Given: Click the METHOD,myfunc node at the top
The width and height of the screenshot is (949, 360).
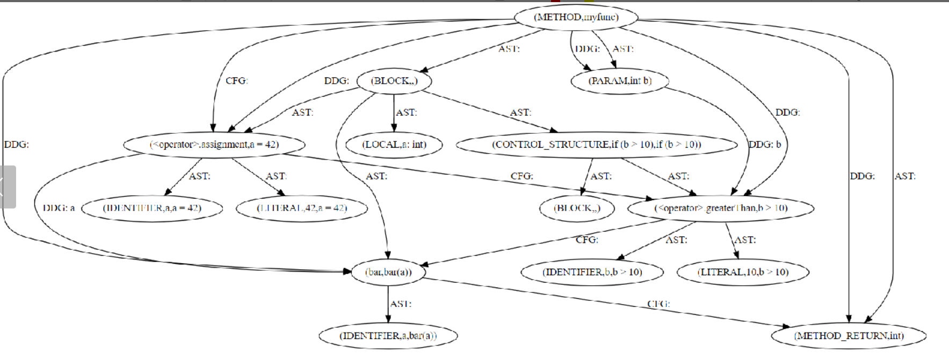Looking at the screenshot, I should click(576, 17).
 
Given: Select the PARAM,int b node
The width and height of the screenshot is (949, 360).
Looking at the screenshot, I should click(620, 81).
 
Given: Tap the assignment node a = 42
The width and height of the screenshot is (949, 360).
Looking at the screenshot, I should click(214, 145).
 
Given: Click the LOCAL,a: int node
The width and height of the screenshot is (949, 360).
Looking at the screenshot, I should click(394, 145).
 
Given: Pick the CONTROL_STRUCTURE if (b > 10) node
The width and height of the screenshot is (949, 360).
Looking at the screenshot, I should click(596, 145).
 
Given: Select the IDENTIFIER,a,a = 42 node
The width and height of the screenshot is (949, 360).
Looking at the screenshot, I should click(152, 208).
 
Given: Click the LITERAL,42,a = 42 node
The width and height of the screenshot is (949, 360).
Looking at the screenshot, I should click(302, 208).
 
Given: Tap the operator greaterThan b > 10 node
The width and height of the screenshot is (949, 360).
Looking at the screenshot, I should click(720, 208).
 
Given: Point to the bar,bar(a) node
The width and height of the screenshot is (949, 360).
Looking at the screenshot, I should click(388, 272).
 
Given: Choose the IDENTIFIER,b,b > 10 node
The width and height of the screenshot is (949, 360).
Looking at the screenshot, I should click(592, 272).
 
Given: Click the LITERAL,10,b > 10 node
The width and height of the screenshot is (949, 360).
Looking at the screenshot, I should click(743, 272).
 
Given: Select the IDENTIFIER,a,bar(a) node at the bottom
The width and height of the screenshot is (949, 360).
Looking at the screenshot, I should click(388, 336).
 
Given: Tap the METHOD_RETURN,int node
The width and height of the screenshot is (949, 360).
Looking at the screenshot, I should click(849, 336).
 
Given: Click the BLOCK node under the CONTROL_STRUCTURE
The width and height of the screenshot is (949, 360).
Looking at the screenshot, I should click(577, 208).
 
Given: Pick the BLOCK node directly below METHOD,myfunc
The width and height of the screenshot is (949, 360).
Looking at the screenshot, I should click(394, 81).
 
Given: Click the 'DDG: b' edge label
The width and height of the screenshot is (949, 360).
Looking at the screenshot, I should click(765, 145).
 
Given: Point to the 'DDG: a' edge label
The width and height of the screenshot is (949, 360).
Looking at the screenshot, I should click(59, 208).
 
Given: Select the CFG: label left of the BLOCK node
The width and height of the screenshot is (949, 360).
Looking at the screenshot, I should click(236, 81).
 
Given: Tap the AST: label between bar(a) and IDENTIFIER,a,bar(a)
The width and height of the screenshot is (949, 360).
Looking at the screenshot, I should click(401, 304).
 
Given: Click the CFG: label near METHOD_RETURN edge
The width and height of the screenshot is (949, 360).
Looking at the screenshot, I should click(658, 304).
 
